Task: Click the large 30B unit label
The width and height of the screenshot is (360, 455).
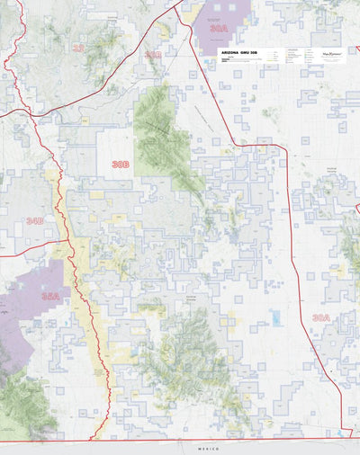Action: [121, 165]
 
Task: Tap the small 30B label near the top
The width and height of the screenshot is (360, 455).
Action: [154, 55]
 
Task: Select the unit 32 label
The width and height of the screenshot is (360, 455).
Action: [78, 47]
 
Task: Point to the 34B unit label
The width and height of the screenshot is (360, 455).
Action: [35, 220]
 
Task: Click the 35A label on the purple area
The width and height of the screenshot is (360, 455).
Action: [50, 295]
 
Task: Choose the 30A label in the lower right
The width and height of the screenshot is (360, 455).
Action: [321, 317]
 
